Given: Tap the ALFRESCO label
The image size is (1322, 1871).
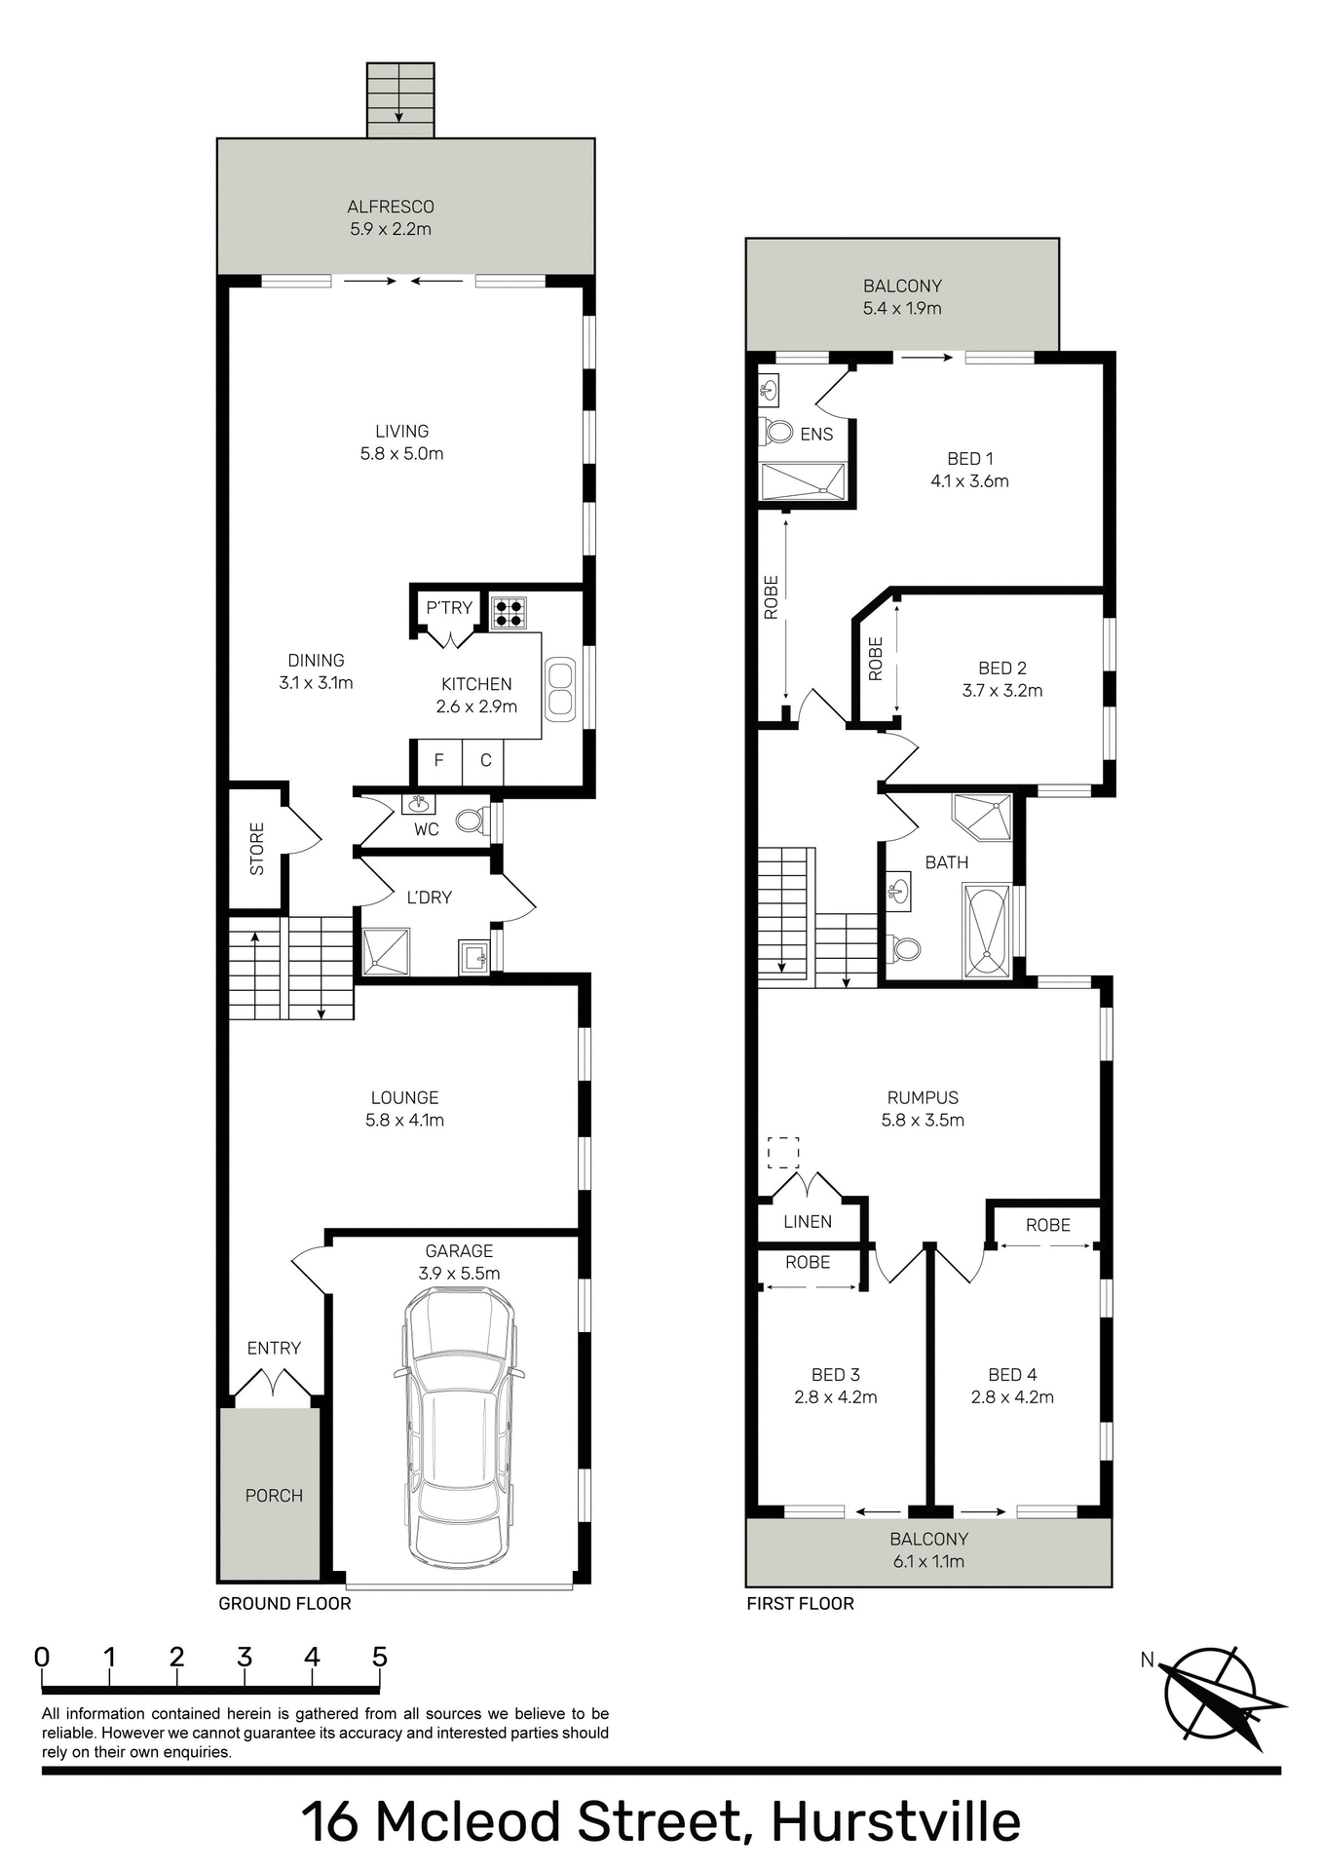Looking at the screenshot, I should click(x=391, y=207).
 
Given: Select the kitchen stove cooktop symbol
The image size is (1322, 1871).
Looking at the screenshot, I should click(x=509, y=612).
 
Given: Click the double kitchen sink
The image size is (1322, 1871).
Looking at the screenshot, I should click(x=560, y=689).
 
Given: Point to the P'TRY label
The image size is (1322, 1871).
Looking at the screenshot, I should click(x=449, y=607).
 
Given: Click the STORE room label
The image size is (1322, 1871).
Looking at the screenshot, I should click(x=257, y=848).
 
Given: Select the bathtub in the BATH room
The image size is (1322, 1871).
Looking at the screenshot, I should click(x=987, y=931).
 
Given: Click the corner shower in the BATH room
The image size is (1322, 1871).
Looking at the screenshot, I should click(x=983, y=817).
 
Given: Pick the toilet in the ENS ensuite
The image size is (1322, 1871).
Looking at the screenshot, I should click(x=778, y=431).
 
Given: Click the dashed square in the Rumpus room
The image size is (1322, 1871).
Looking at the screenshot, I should click(x=783, y=1152).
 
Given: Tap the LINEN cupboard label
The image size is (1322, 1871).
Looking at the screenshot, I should click(x=808, y=1221).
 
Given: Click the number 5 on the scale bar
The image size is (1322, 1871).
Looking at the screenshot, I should click(x=379, y=1657).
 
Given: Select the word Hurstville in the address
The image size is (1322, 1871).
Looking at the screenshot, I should click(x=895, y=1821).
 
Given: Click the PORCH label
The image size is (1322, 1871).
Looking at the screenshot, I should click(x=274, y=1495).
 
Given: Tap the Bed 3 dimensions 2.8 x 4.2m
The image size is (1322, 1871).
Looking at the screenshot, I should click(x=836, y=1396).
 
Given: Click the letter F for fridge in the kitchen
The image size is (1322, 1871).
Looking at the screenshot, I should click(x=438, y=760).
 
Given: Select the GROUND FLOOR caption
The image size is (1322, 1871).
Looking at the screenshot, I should click(x=284, y=1603).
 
